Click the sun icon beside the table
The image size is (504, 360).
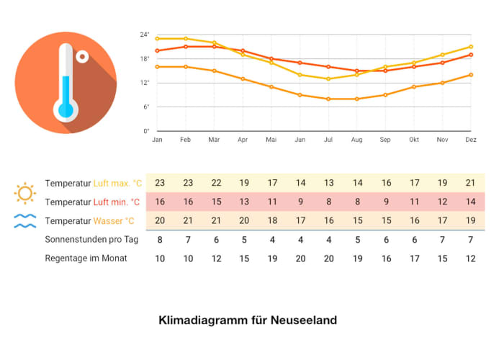click(25, 192)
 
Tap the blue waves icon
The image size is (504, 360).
click(25, 221)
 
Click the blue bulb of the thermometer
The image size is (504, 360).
click(66, 109)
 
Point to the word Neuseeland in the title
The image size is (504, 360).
click(304, 320)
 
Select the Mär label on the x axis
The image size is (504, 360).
click(214, 140)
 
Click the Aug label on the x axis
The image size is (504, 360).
click(356, 140)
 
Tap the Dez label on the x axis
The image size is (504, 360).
click(471, 140)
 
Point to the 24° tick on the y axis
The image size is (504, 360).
click(145, 35)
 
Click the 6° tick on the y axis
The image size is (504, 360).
click(146, 107)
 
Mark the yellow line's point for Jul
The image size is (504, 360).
click(328, 78)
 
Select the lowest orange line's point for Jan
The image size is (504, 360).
click(157, 66)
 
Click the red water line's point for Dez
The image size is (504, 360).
click(471, 55)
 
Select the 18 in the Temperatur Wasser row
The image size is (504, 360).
click(271, 220)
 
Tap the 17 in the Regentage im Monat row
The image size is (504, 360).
click(414, 258)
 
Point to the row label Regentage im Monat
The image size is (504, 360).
click(86, 258)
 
